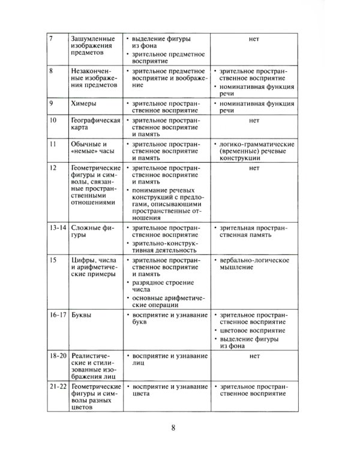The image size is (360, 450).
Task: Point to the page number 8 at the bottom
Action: point(173,428)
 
